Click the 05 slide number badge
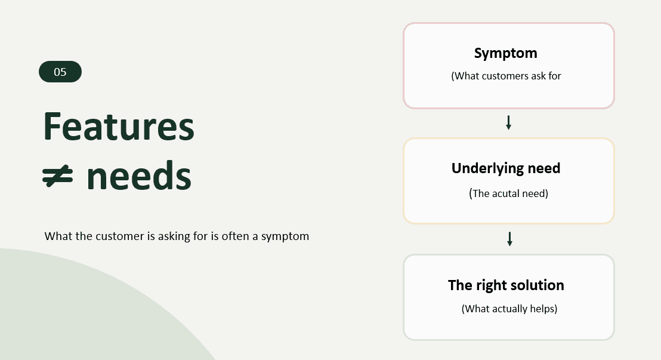point(60,72)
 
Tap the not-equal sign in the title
point(58,176)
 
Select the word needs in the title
point(139,176)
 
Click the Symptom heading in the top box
point(505,54)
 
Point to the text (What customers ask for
point(506,76)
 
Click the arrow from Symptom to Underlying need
point(508,122)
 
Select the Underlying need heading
point(506,168)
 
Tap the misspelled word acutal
point(506,193)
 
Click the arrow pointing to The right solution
point(509,239)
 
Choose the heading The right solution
point(506,285)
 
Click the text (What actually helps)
point(509,309)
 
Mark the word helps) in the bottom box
point(544,309)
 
